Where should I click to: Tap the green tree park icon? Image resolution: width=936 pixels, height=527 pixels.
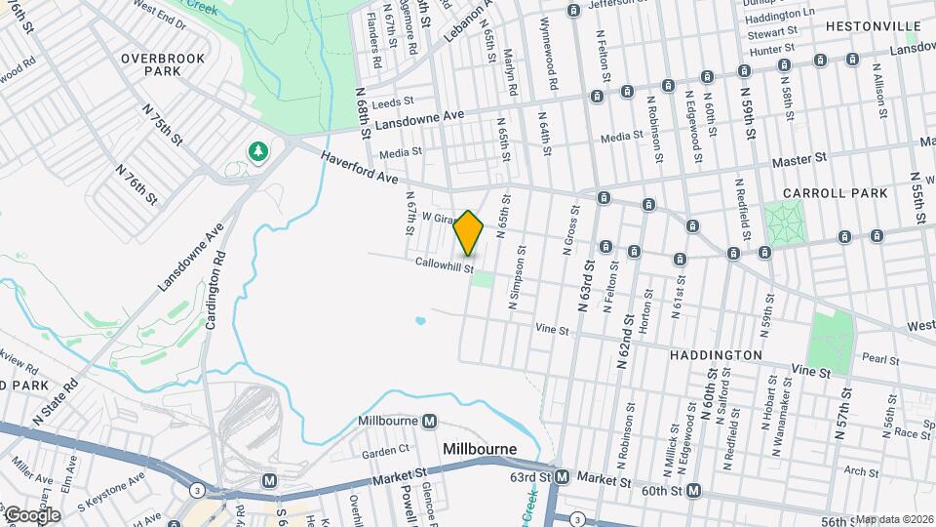[257, 150]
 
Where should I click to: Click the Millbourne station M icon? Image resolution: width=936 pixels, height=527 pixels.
[430, 422]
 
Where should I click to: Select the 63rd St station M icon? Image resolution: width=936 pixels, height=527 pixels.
[562, 477]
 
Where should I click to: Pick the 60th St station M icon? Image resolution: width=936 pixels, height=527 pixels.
[693, 490]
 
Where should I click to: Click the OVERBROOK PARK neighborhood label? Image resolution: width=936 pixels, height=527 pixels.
[163, 64]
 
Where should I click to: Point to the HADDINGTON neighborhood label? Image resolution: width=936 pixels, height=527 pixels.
[716, 355]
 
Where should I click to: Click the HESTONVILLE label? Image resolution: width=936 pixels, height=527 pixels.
[873, 26]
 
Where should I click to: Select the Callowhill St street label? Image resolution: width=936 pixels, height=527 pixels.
[444, 265]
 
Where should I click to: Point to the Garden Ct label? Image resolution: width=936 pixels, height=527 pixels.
[385, 452]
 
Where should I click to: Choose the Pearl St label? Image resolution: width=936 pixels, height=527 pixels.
[879, 360]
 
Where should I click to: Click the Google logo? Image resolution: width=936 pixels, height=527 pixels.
[31, 514]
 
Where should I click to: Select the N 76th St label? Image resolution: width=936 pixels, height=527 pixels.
[136, 183]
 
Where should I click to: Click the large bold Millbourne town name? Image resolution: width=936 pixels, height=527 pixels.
[479, 450]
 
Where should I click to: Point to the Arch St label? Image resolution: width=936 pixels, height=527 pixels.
[862, 472]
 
